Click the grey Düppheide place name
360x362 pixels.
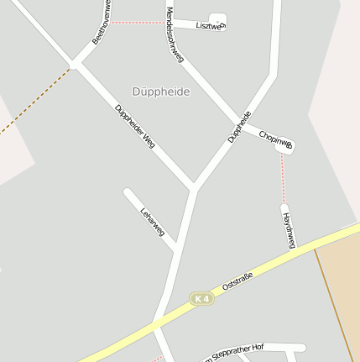pos(161,91)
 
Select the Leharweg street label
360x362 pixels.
pos(154,220)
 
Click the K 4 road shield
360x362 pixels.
pos(201,298)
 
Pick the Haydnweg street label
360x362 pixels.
pos(290,229)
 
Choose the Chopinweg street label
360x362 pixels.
pos(275,139)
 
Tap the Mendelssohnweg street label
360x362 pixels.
pos(175,35)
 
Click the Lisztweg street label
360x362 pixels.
pos(210,26)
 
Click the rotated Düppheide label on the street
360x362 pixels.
pos(239,126)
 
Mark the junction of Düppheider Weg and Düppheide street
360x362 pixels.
pos(194,186)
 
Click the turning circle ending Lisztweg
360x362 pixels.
pos(217,19)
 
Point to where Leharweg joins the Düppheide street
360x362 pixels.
pos(177,249)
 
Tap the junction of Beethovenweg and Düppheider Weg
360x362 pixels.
pos(74,64)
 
